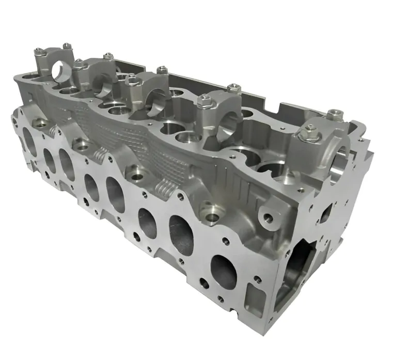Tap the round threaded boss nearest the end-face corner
(269, 217)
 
